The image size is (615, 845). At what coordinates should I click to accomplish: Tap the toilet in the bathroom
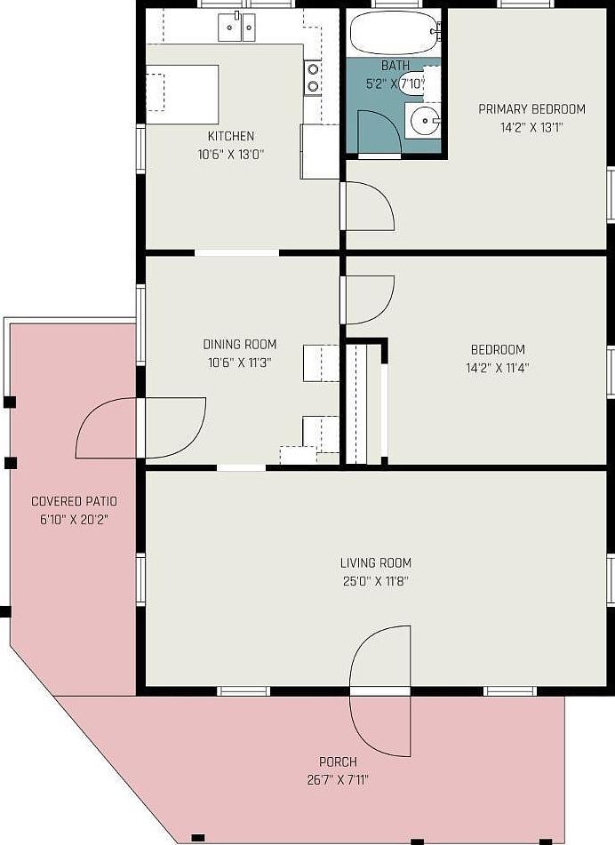click(x=419, y=84)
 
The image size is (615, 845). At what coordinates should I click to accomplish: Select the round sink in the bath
click(x=425, y=121)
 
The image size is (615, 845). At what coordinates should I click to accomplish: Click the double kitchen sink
click(x=236, y=27)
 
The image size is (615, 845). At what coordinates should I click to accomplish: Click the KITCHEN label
click(x=231, y=136)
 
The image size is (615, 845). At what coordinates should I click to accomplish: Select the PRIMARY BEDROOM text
click(x=532, y=109)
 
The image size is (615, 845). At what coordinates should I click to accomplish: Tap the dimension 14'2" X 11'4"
click(x=498, y=368)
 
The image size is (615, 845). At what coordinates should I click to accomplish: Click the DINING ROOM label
click(x=240, y=344)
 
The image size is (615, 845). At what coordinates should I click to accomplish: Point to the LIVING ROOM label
click(x=376, y=562)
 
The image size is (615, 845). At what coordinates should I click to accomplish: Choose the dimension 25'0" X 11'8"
click(x=376, y=581)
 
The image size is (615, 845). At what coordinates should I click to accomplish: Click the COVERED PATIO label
click(x=75, y=501)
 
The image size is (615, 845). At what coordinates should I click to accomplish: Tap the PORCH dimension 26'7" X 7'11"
click(x=338, y=780)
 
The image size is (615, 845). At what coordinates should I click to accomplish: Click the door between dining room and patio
click(x=141, y=428)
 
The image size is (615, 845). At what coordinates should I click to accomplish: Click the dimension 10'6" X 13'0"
click(x=231, y=155)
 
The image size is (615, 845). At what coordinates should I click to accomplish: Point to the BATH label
click(x=395, y=65)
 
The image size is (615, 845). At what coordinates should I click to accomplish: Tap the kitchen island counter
click(x=182, y=94)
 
